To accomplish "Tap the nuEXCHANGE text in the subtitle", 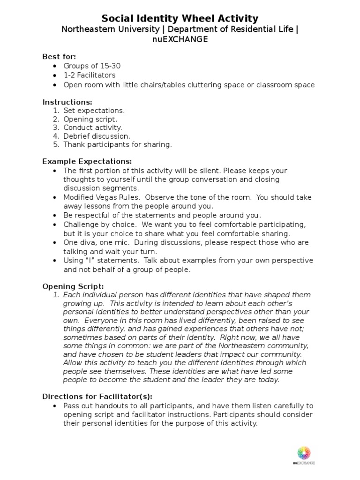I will [x=180, y=40].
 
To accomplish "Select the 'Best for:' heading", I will [x=59, y=57].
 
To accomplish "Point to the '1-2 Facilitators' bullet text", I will [x=90, y=75].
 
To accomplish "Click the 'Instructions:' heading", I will [x=67, y=102].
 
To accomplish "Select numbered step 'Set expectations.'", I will [x=94, y=111].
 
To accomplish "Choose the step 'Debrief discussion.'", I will [x=97, y=136].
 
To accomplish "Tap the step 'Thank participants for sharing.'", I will [x=118, y=144].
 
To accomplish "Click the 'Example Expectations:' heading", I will [x=83, y=161].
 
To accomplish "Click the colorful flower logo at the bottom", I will [x=304, y=453].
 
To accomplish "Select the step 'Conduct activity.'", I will [x=93, y=127].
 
